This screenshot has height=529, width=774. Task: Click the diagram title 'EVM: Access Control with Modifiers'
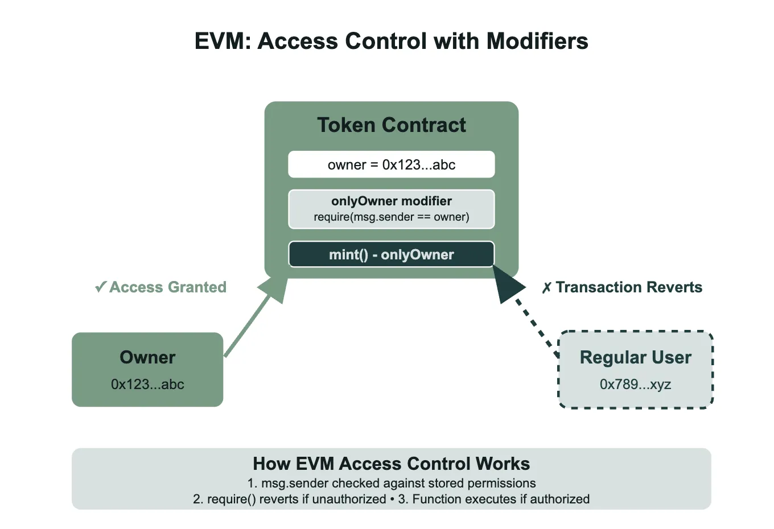pos(391,42)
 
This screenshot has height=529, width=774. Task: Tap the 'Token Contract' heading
pos(391,125)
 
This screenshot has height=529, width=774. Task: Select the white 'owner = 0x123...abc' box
pos(391,164)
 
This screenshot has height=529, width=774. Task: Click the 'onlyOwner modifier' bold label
pos(391,201)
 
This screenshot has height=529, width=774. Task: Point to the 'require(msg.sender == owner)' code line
pos(391,217)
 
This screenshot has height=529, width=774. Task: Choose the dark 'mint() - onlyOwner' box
pos(391,254)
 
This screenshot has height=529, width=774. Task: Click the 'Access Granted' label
pos(167,287)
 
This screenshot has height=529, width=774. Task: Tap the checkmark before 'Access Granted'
pos(101,287)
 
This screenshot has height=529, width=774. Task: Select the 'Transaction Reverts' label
pos(628,287)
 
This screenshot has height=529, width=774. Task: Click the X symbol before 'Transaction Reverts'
pos(546,288)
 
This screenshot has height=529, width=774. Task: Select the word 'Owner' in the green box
pos(147,357)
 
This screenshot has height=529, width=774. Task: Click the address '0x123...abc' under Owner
pos(147,385)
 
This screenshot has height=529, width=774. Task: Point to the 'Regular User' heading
pos(635,357)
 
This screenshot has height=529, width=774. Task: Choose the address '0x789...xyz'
pos(635,385)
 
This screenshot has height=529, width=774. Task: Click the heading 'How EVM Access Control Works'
pos(391,464)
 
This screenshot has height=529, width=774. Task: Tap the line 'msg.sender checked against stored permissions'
pos(398,483)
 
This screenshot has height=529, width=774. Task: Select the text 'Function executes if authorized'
pos(501,499)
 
